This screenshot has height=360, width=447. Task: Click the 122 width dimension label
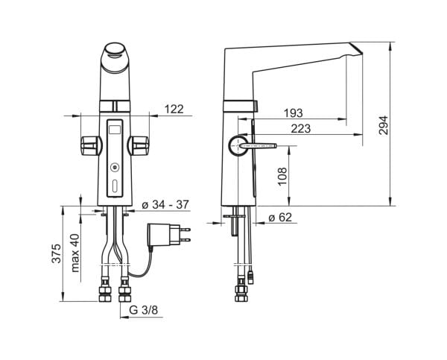click(x=174, y=109)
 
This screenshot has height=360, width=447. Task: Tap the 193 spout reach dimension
click(x=294, y=113)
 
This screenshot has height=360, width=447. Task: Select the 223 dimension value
click(x=301, y=129)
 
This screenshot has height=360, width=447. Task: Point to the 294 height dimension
click(x=384, y=125)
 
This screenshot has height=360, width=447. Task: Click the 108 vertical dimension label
click(x=282, y=176)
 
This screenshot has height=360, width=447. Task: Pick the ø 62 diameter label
click(x=281, y=218)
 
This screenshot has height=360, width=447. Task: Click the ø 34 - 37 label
click(x=165, y=204)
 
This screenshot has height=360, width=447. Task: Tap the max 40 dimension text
click(x=75, y=253)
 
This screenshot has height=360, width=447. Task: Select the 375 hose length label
click(x=56, y=253)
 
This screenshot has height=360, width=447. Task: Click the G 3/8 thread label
click(x=143, y=310)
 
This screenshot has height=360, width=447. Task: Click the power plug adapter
click(x=168, y=235)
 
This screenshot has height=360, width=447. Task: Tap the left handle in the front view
click(x=91, y=145)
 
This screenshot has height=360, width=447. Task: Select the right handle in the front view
click(x=139, y=145)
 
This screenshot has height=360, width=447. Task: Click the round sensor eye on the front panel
click(x=115, y=167)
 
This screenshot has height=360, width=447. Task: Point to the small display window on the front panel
click(x=115, y=130)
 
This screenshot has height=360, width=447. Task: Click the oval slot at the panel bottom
click(x=115, y=186)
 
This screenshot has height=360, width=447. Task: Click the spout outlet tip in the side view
click(x=355, y=48)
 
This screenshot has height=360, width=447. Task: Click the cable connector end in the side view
click(x=250, y=277)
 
